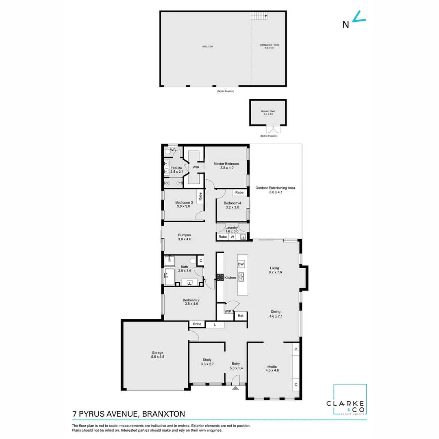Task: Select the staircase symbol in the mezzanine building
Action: tap(259, 16)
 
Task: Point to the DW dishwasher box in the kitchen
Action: tap(241, 264)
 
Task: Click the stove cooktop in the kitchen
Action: tap(220, 278)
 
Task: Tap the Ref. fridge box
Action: tap(240, 315)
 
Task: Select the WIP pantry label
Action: tap(228, 311)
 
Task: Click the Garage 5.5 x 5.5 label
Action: tap(158, 354)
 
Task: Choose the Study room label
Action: tap(207, 362)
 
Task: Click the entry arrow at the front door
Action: tap(235, 388)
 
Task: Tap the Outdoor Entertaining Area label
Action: tap(275, 190)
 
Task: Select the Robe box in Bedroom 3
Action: tap(200, 197)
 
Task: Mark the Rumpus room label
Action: tap(184, 237)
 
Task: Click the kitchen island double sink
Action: tap(241, 277)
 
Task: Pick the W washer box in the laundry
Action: tap(233, 237)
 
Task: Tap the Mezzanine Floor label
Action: tap(269, 46)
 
